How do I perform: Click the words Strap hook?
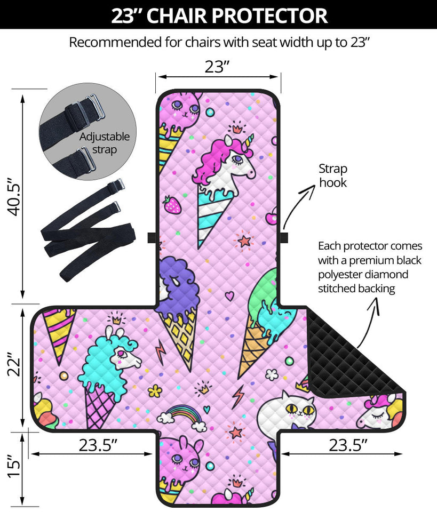click(x=333, y=176)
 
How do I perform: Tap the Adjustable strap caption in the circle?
click(x=105, y=143)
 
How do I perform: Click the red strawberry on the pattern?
click(x=172, y=204)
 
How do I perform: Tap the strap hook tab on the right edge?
click(x=284, y=237)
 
